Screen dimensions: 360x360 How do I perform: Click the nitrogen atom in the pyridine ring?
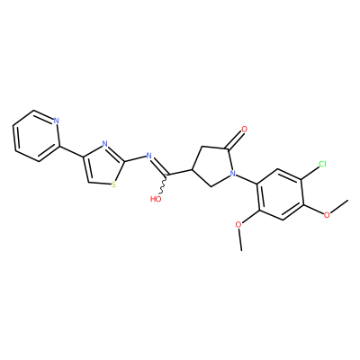click(x=56, y=121)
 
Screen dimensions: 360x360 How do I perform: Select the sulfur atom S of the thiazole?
click(x=113, y=184)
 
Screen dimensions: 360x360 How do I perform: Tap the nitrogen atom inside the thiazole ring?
click(x=104, y=144)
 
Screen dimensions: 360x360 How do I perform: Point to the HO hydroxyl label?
click(x=156, y=199)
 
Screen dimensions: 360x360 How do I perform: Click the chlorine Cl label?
click(x=322, y=164)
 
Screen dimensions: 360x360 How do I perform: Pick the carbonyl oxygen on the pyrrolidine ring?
click(x=244, y=130)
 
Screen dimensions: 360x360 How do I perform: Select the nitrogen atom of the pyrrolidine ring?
click(x=232, y=173)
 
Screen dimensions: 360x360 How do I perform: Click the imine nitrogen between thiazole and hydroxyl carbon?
click(x=148, y=156)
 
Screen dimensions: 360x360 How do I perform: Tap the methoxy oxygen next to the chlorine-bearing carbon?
click(x=327, y=215)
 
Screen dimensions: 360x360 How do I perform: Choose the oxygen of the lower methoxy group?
click(x=238, y=225)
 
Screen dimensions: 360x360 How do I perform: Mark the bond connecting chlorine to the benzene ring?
click(x=309, y=173)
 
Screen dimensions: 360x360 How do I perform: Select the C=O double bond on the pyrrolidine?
click(x=234, y=140)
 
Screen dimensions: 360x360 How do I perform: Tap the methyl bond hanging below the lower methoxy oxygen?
click(x=240, y=239)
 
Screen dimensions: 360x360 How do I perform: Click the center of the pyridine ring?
click(x=36, y=136)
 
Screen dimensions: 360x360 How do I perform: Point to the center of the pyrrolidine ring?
click(x=211, y=165)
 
